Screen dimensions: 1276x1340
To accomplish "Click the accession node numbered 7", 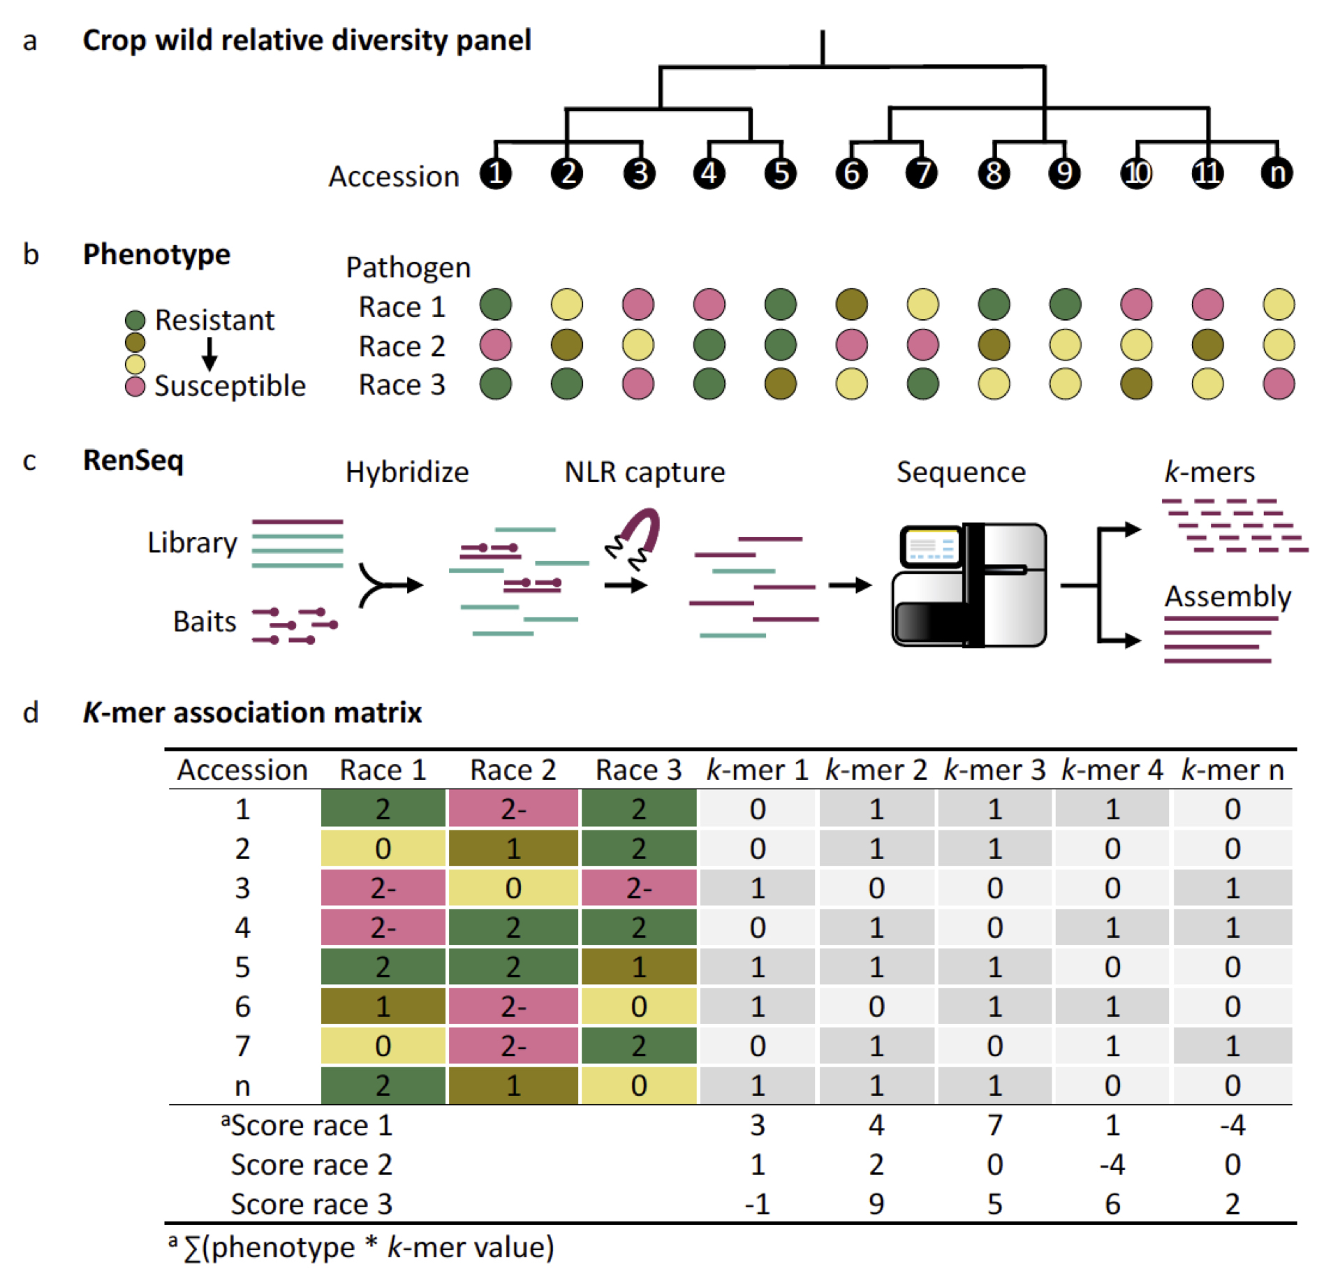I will point(922,173).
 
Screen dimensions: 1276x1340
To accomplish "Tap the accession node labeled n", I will point(1276,173).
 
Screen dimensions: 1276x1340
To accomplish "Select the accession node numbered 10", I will point(1136,173).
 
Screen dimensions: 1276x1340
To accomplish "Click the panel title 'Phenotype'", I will point(156,254).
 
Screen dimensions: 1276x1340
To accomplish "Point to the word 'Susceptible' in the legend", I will point(230,386).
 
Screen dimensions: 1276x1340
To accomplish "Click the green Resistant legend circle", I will point(135,320).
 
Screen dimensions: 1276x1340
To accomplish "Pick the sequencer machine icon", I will point(969,585).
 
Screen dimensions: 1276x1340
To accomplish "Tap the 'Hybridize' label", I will point(407,472).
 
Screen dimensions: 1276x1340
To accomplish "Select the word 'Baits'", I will point(205,621).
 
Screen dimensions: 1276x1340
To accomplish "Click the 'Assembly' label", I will point(1228,596).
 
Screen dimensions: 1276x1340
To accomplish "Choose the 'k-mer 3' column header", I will point(994,770).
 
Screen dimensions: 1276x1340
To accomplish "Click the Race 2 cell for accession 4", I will point(513,927).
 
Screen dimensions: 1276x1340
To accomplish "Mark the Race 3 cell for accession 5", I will point(638,967).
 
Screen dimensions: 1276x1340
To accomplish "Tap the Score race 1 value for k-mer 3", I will point(994,1125).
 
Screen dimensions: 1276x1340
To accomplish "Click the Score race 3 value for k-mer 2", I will point(876,1204).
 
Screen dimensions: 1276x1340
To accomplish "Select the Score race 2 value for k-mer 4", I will point(1112,1164).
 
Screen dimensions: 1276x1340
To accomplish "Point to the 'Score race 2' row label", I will point(311,1164).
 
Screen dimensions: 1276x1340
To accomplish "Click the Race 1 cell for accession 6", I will point(383,1006).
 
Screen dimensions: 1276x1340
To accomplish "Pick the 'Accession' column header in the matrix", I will point(242,770).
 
